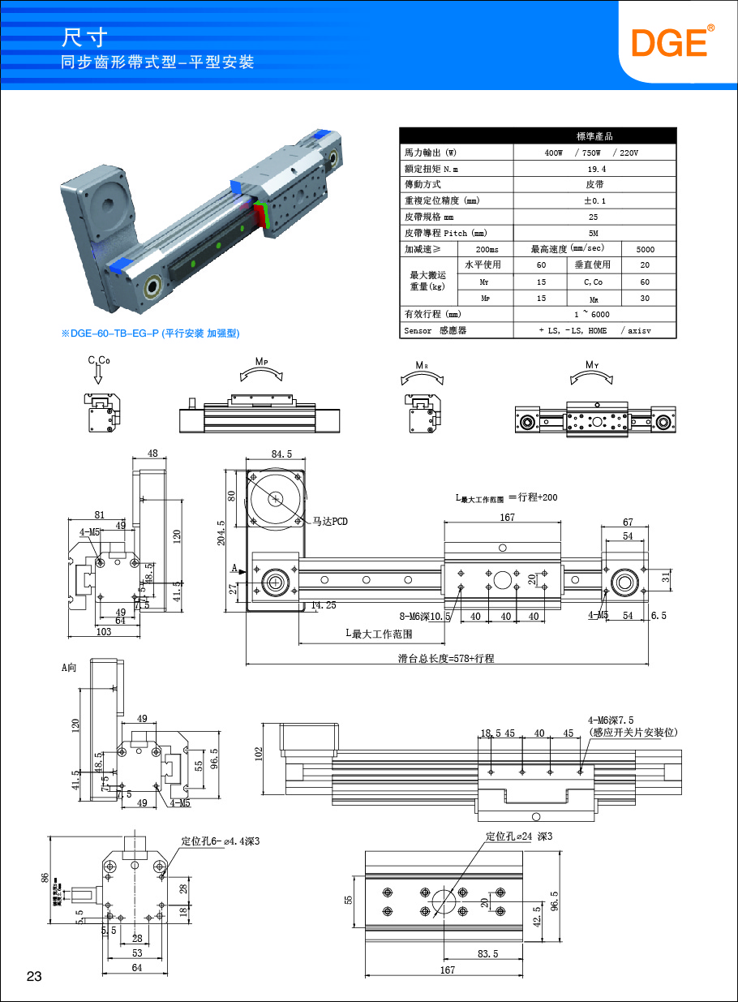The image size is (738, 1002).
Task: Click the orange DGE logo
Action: (x=672, y=42)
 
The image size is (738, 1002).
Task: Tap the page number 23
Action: (x=34, y=976)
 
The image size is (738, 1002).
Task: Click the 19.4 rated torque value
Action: (x=596, y=169)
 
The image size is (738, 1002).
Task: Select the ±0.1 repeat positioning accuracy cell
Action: (x=596, y=200)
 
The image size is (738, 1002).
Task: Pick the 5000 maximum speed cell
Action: (x=646, y=249)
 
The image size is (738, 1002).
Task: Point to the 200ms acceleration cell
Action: (x=487, y=249)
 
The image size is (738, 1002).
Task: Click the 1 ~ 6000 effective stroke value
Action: (x=596, y=314)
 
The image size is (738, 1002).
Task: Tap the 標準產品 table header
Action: (x=596, y=136)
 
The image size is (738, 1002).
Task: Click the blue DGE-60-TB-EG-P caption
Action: (x=151, y=333)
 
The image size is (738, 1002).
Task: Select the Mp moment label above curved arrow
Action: (x=261, y=361)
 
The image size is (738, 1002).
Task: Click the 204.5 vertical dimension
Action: (x=221, y=532)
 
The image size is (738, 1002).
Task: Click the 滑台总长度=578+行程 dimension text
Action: (x=446, y=659)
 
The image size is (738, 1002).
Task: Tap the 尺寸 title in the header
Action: (x=85, y=37)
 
